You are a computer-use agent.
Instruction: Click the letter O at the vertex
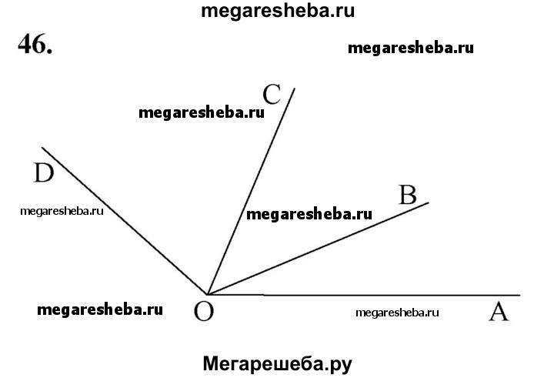pyautogui.click(x=204, y=313)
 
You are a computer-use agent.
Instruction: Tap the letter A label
pyautogui.click(x=498, y=312)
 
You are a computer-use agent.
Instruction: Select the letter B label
pyautogui.click(x=407, y=194)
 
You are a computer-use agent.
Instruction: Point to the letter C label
pyautogui.click(x=271, y=94)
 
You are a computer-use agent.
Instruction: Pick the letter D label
pyautogui.click(x=44, y=175)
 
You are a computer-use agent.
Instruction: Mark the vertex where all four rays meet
pyautogui.click(x=208, y=294)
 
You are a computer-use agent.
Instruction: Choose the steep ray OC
pyautogui.click(x=250, y=192)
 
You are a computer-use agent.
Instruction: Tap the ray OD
pyautogui.click(x=123, y=219)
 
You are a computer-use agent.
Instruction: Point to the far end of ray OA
pyautogui.click(x=520, y=295)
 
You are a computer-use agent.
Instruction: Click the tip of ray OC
pyautogui.click(x=294, y=89)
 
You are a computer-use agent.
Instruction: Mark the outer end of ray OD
pyautogui.click(x=42, y=148)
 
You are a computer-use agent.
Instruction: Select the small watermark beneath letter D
pyautogui.click(x=62, y=211)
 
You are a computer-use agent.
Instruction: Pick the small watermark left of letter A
pyautogui.click(x=398, y=313)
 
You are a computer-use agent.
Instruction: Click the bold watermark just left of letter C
pyautogui.click(x=202, y=112)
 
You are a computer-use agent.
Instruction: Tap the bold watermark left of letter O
pyautogui.click(x=100, y=310)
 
